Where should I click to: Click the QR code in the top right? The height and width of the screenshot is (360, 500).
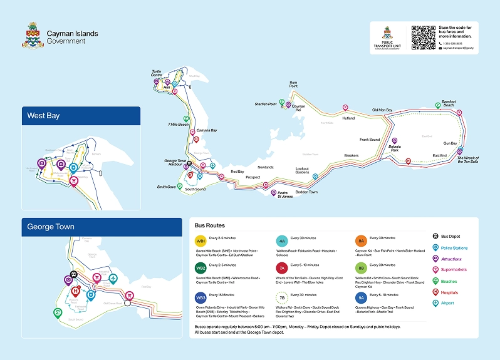click(x=423, y=38)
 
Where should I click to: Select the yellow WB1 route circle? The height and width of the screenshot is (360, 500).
click(x=201, y=241)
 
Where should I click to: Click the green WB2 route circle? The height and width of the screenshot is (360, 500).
click(x=201, y=269)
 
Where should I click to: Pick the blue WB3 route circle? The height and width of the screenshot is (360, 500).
click(x=201, y=297)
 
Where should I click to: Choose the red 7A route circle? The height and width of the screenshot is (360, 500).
click(x=282, y=269)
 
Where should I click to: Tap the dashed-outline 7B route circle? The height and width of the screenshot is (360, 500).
click(x=282, y=297)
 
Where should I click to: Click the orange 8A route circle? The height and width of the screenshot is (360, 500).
click(x=362, y=241)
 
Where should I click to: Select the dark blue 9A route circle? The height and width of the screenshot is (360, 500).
click(x=362, y=297)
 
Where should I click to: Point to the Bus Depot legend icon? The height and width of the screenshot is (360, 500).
click(x=435, y=237)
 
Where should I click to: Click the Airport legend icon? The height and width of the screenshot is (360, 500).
click(x=435, y=303)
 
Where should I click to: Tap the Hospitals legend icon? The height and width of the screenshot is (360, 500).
click(x=435, y=292)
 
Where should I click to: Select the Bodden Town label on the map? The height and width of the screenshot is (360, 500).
click(x=306, y=192)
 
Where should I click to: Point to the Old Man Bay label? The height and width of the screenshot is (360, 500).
click(x=382, y=110)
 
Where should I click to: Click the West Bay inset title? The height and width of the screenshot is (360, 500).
click(x=44, y=116)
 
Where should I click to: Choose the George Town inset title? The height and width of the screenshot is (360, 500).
click(x=51, y=227)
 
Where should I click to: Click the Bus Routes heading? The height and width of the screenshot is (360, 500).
click(x=210, y=225)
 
